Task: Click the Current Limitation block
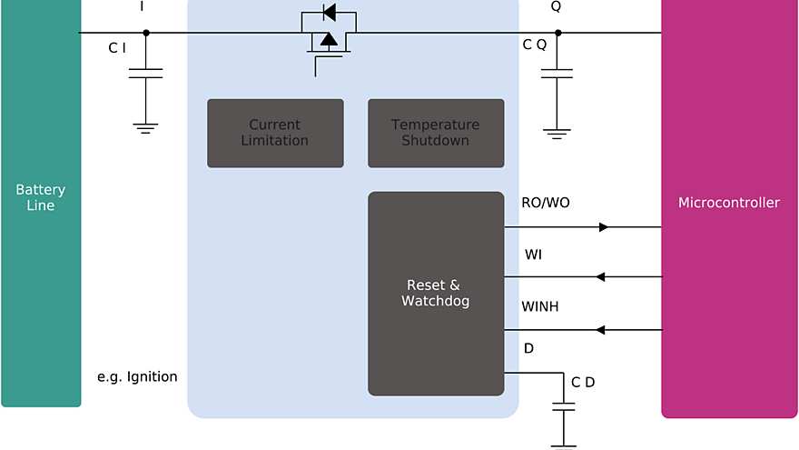275,133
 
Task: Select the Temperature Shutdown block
436,133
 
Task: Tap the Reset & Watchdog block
436,293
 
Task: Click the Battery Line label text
41,197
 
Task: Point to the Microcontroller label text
729,203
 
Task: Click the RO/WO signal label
546,203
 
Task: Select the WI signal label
534,255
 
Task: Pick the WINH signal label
540,306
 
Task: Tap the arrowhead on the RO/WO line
604,227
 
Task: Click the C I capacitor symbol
145,73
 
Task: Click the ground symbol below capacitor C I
145,128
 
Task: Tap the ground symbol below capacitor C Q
557,134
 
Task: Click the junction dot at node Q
557,33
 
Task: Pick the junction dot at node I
146,33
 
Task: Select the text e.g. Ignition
137,376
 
